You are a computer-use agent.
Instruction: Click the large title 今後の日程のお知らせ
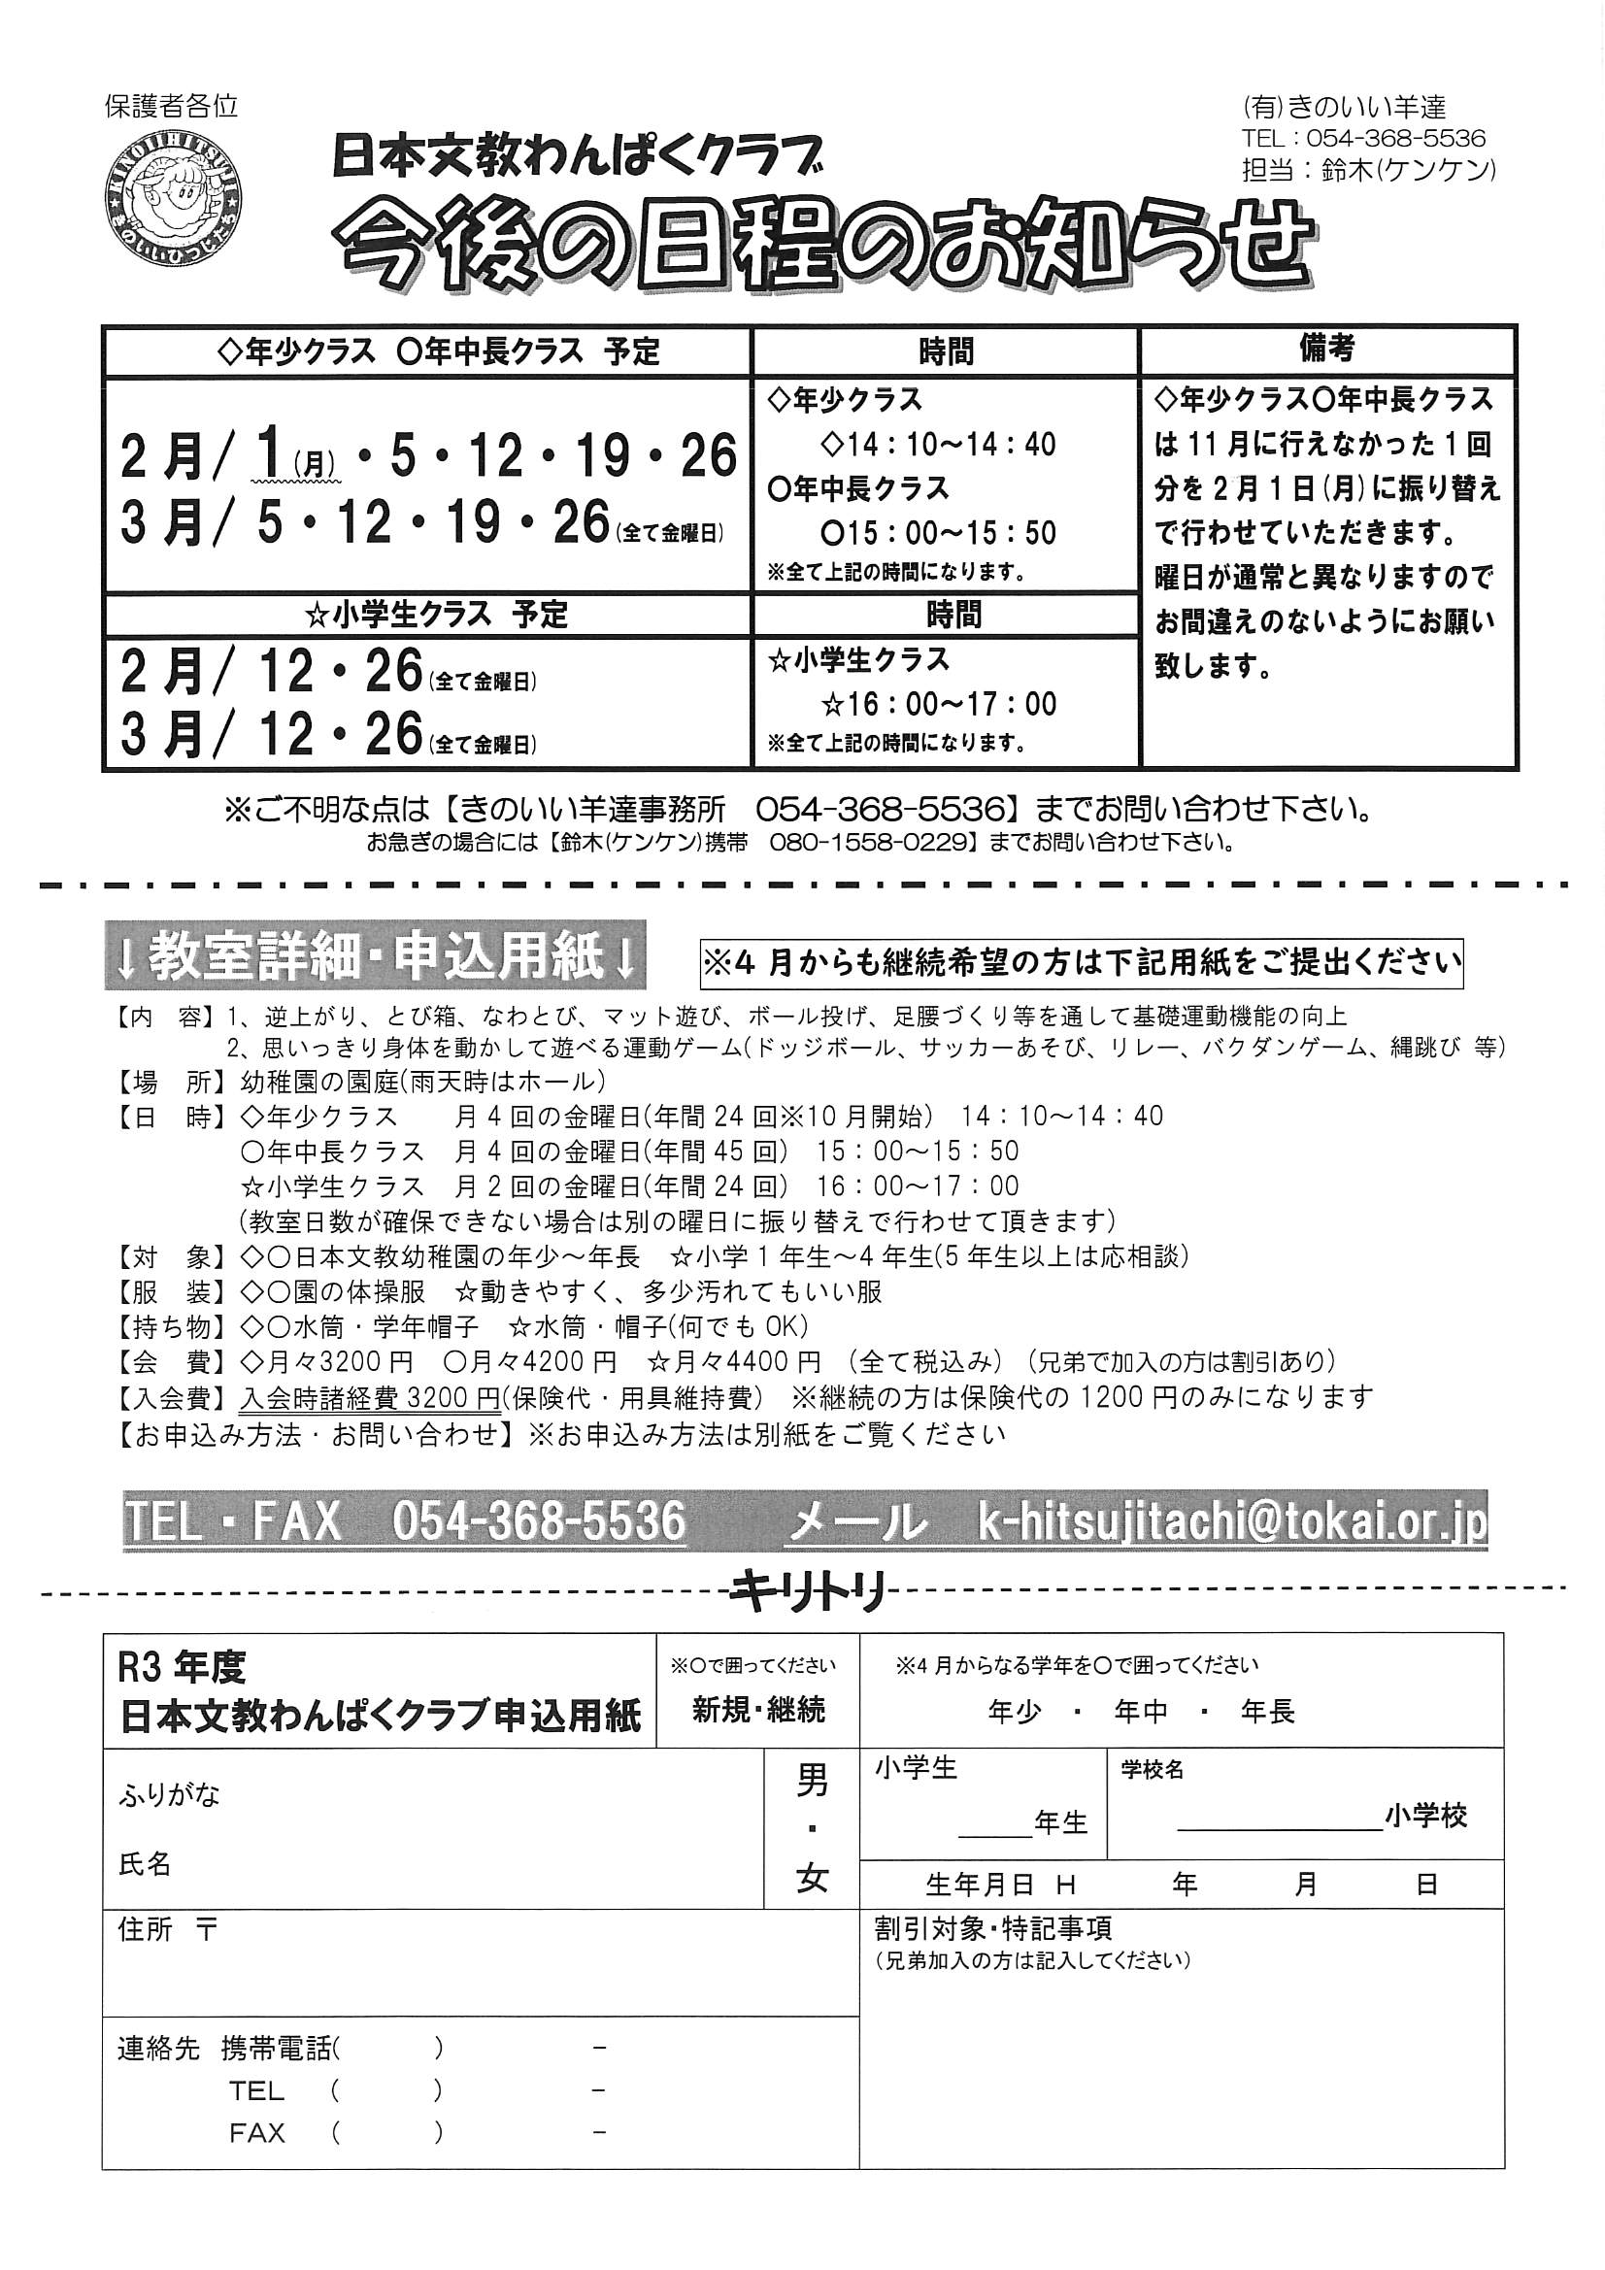click(x=822, y=247)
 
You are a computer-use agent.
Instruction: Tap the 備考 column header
click(x=1326, y=349)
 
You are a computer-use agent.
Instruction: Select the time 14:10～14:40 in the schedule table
click(x=939, y=445)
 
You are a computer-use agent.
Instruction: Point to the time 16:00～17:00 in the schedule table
click(x=939, y=704)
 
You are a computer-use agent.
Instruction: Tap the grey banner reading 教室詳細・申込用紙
click(x=375, y=956)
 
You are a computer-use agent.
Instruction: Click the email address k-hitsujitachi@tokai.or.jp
click(x=1231, y=1521)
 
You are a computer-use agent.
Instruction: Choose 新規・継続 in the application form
click(x=758, y=1710)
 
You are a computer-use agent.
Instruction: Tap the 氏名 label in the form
click(x=146, y=1864)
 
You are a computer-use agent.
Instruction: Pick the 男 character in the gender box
click(x=812, y=1782)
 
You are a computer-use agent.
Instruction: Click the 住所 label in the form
click(x=145, y=1930)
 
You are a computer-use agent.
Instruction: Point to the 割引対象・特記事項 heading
click(x=993, y=1928)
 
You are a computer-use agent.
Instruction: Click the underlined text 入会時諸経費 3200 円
click(x=370, y=1398)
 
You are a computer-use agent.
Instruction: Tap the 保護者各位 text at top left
click(x=172, y=107)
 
